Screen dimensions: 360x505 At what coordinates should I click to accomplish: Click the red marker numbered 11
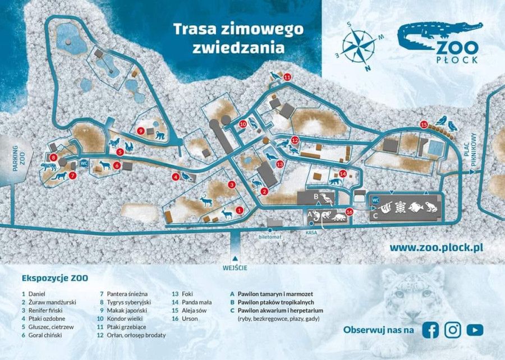point(287,78)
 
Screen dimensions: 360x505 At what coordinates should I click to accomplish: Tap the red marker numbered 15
point(424,124)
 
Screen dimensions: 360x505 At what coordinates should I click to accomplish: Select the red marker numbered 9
point(141,131)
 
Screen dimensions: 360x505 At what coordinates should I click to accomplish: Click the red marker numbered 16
point(350,212)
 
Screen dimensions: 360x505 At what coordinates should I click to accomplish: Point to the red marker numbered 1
point(240,209)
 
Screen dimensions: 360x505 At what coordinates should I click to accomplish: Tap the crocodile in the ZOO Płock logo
point(438,35)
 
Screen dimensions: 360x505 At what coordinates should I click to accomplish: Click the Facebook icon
point(430,330)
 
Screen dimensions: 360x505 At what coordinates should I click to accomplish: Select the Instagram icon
point(452,330)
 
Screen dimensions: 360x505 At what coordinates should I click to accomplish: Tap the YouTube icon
point(475,330)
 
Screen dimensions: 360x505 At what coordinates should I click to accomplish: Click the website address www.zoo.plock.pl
point(437,247)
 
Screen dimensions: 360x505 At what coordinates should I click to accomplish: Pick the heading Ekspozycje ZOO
point(54,277)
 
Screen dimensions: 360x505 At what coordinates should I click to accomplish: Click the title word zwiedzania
point(238,48)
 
